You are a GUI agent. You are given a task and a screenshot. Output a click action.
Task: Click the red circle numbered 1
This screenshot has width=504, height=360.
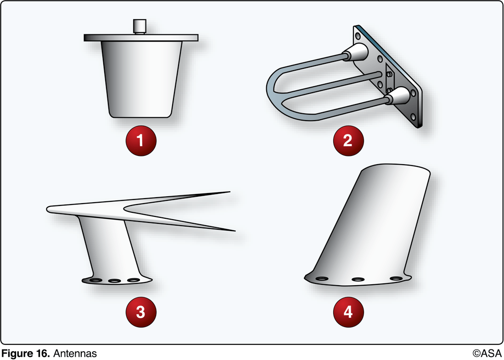click(141, 140)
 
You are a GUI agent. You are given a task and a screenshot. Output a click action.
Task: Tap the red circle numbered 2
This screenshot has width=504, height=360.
click(348, 140)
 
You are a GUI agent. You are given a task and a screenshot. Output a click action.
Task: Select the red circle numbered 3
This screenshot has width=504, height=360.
click(141, 312)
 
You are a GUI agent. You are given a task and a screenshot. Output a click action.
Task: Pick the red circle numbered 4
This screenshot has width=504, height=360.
click(348, 312)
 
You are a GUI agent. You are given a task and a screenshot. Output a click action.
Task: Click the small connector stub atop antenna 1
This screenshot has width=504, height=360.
click(139, 26)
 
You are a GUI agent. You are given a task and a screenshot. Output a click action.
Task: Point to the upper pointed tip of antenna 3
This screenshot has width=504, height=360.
click(227, 192)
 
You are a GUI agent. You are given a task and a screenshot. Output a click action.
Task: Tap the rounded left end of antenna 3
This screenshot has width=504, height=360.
click(50, 209)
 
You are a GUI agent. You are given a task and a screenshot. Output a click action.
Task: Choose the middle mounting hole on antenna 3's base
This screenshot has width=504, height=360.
click(114, 281)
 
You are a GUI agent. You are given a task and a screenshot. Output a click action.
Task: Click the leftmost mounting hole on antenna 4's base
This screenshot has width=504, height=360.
click(322, 278)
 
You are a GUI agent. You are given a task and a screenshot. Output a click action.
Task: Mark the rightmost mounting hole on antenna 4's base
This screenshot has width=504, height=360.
click(395, 278)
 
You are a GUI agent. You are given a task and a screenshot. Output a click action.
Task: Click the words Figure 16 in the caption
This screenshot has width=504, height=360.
click(26, 354)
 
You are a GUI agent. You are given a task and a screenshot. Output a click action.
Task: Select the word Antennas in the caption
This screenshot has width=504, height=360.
click(75, 354)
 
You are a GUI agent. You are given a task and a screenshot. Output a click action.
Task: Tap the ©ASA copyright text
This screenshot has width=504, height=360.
click(487, 354)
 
